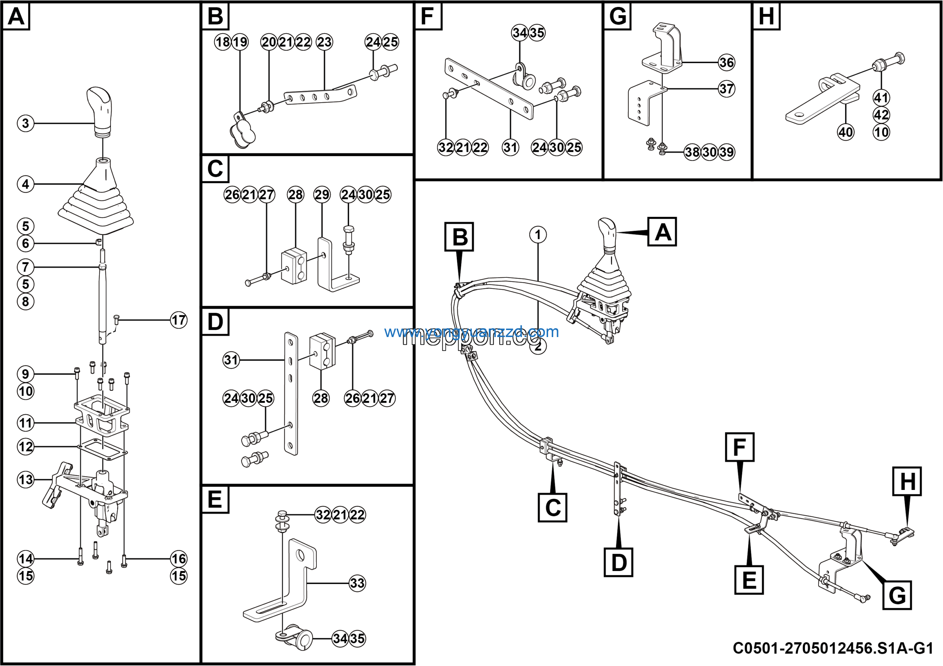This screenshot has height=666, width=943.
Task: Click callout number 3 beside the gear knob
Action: [25, 123]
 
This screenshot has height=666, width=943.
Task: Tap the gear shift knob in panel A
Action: [99, 109]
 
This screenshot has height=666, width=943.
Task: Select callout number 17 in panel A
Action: [179, 320]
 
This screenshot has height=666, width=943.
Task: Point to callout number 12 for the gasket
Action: [25, 446]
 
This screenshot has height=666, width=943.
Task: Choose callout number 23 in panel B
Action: [324, 42]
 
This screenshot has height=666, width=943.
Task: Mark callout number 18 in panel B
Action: [222, 42]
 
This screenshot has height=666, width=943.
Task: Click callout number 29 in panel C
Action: [322, 194]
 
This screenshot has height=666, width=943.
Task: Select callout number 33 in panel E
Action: [357, 583]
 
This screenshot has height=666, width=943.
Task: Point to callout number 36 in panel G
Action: [726, 62]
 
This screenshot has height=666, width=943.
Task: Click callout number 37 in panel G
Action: [726, 89]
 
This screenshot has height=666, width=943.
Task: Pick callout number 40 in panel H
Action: [846, 132]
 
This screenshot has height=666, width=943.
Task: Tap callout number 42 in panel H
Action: [881, 115]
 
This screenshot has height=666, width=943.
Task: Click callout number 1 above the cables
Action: [538, 235]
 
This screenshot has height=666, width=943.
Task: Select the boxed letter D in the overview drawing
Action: [618, 562]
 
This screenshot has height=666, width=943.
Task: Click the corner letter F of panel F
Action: [428, 17]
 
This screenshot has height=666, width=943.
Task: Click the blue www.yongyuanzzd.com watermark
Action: [471, 332]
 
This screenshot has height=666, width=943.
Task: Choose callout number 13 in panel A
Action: [25, 480]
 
